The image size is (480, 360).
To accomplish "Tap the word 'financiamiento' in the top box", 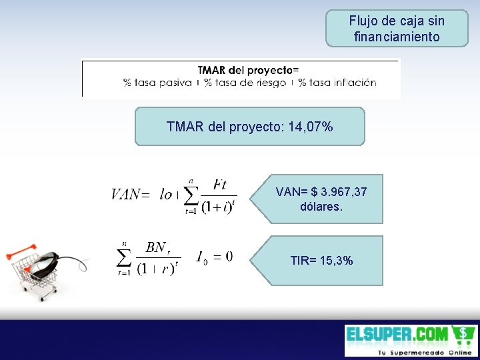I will tap(397, 37).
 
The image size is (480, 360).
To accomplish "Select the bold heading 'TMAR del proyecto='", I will tap(248, 70).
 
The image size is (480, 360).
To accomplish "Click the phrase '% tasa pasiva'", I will tap(157, 83).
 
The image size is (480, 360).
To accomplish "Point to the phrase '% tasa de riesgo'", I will tap(245, 83).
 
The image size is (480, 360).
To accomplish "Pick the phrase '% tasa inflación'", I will tap(337, 83).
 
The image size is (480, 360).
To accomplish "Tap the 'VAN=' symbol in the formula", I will tap(130, 194).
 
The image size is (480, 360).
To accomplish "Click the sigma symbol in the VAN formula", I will tap(191, 195).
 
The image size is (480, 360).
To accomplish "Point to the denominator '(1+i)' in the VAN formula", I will tap(217, 207).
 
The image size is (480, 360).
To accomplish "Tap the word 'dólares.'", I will tap(321, 207).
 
